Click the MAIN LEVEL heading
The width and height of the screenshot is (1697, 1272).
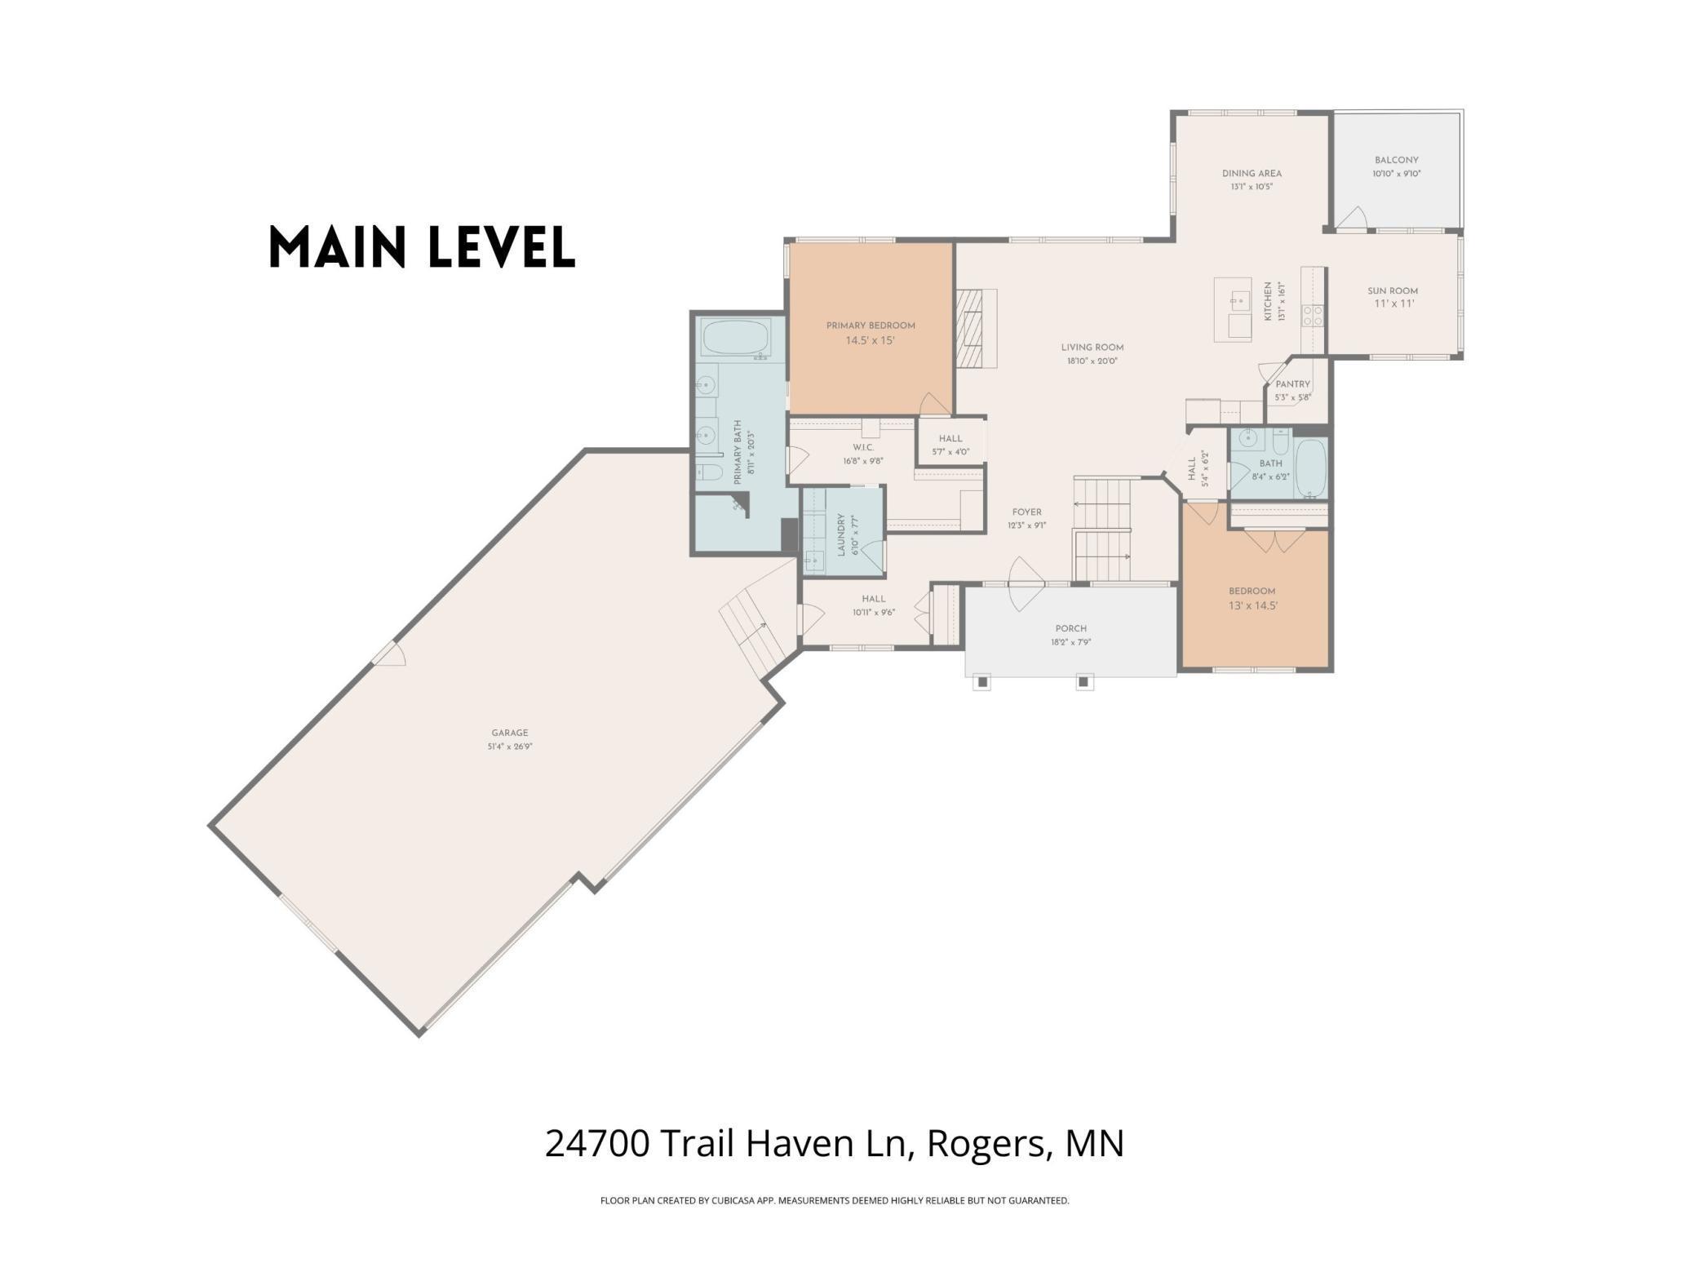point(422,247)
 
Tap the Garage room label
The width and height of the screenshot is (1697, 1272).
point(510,733)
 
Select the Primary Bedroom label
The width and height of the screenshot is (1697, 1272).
point(871,326)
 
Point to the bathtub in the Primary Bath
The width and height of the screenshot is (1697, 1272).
point(736,337)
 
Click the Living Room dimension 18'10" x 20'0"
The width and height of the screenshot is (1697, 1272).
point(1092,361)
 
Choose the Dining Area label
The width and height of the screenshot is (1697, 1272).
point(1252,173)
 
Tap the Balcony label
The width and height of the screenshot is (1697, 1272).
point(1396,160)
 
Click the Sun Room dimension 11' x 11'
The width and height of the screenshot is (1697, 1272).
point(1393,304)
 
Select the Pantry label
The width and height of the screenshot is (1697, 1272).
point(1292,384)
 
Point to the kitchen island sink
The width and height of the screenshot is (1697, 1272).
point(1239,300)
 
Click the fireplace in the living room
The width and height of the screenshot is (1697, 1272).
point(977,328)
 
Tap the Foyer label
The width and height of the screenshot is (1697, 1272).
point(1026,512)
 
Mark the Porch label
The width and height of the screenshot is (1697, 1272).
point(1070,628)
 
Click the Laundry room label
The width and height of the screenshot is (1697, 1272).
point(841,535)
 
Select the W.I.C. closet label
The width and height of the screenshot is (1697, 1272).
point(863,447)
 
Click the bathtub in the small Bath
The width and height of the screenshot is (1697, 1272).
point(1310,468)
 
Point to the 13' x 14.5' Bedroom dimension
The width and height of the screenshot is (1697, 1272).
point(1252,605)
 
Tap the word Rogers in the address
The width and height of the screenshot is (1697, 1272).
point(986,1144)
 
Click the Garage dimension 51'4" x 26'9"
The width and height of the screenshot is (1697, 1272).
point(510,746)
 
